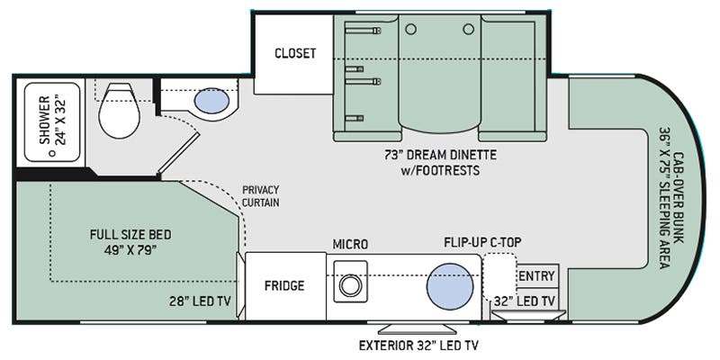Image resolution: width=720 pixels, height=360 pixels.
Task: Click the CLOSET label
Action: (295, 53)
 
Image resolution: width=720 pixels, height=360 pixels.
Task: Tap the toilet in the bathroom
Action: (119, 110)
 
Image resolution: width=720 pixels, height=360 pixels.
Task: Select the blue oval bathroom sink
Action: (211, 101)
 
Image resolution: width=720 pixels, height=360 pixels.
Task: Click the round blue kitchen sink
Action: (449, 285)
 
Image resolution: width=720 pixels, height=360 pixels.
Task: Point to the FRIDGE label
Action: (284, 285)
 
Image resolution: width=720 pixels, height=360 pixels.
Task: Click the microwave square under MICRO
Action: (350, 282)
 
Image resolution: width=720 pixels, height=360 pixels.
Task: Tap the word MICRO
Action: (350, 245)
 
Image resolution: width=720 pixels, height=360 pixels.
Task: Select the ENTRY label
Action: (536, 276)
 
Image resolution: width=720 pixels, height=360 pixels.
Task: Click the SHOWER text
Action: (44, 120)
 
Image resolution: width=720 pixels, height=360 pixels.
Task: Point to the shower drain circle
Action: (53, 153)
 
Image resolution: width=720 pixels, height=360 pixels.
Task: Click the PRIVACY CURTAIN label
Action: (260, 196)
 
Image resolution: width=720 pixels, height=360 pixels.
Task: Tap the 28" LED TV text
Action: (199, 301)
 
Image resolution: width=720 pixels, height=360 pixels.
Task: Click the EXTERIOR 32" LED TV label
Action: (415, 345)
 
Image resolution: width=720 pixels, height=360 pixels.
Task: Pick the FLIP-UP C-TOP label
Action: (482, 242)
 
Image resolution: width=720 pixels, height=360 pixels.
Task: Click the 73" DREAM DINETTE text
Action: (440, 155)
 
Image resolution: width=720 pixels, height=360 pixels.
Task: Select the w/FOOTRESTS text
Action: (440, 170)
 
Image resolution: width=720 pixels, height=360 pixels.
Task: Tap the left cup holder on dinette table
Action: (411, 30)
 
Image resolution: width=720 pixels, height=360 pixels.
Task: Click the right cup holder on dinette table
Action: (468, 30)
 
